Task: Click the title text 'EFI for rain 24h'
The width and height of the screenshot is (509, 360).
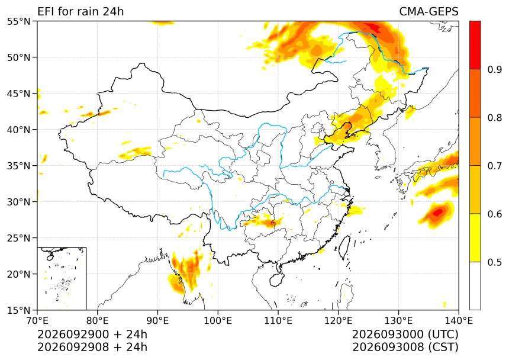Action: point(80,11)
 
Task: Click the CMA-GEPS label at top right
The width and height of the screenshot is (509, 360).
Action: point(429,11)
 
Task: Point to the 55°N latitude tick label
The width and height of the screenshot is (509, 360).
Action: point(18,21)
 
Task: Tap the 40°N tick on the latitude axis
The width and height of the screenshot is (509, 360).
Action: point(18,130)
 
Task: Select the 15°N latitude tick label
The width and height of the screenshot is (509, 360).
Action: point(18,310)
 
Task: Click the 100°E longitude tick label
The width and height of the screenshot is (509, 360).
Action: point(218,321)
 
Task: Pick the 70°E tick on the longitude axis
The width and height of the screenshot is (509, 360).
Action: point(37,321)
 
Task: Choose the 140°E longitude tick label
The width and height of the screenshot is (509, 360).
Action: point(458,321)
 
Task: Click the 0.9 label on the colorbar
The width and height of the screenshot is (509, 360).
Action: point(494,69)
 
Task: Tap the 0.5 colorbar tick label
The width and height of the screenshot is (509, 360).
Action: point(494,262)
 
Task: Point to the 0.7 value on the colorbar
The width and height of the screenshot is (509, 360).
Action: point(494,166)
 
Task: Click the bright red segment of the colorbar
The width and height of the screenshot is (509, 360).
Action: point(475,45)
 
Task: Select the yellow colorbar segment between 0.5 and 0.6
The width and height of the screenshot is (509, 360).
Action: point(475,237)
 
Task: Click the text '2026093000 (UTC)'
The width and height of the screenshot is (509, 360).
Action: point(405,335)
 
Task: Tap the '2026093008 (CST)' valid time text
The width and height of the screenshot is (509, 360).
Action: point(405,347)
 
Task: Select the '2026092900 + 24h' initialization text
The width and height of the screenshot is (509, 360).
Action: point(92,335)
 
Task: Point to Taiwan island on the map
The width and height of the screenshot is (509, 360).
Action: point(344,247)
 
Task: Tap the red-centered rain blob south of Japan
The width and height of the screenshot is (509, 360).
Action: point(436,214)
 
